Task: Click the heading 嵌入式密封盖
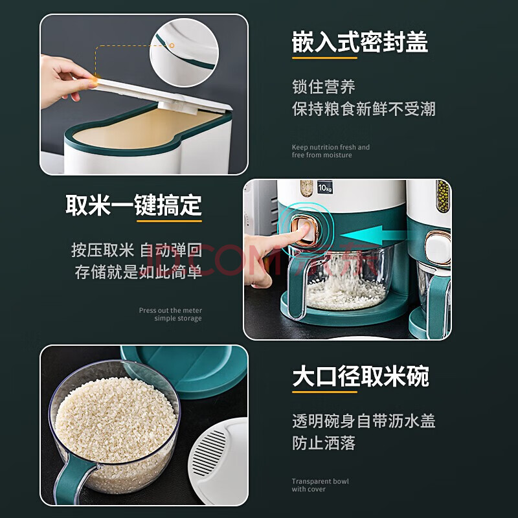(x=360, y=42)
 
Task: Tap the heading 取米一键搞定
(x=133, y=205)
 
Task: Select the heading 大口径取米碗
(x=361, y=376)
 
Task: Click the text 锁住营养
(x=324, y=87)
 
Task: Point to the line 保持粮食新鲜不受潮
(x=364, y=109)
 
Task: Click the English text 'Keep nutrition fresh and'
(x=331, y=148)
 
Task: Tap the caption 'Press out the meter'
(x=170, y=311)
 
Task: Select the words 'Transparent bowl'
(x=320, y=481)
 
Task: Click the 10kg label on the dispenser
(x=325, y=188)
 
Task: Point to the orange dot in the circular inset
(x=172, y=45)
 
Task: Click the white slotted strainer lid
(x=219, y=460)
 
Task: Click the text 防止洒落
(x=324, y=443)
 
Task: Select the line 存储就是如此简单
(x=139, y=272)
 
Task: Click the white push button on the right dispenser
(x=438, y=247)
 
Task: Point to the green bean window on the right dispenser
(x=443, y=196)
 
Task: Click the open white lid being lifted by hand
(x=162, y=95)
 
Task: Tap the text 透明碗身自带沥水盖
(x=364, y=422)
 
